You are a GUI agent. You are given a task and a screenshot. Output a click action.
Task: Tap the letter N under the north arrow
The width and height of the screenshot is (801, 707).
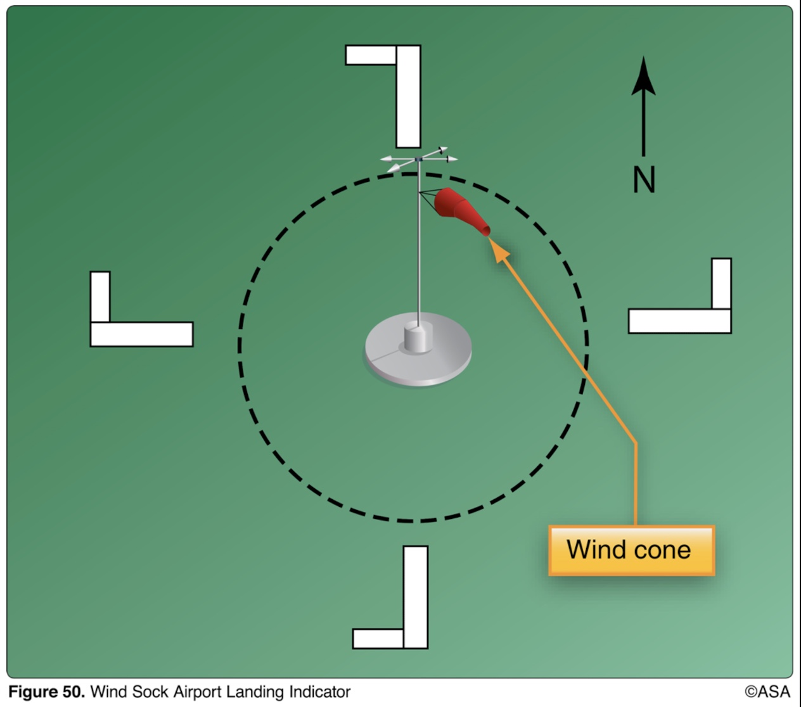[644, 179]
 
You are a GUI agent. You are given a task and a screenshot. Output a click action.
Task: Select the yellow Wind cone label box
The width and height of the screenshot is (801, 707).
[631, 550]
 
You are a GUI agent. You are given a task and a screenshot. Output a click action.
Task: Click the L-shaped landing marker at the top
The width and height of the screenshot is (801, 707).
[407, 95]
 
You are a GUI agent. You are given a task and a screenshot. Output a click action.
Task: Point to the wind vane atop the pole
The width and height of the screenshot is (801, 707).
[418, 158]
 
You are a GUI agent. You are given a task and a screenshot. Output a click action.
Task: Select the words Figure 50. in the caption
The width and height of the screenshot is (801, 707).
[46, 692]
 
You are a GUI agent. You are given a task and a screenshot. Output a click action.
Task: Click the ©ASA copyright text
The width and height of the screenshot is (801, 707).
[767, 692]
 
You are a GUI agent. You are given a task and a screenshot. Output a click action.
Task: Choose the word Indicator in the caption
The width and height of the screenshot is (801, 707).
[319, 692]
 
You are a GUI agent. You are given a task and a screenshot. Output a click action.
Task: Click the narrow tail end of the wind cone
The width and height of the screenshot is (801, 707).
[485, 230]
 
